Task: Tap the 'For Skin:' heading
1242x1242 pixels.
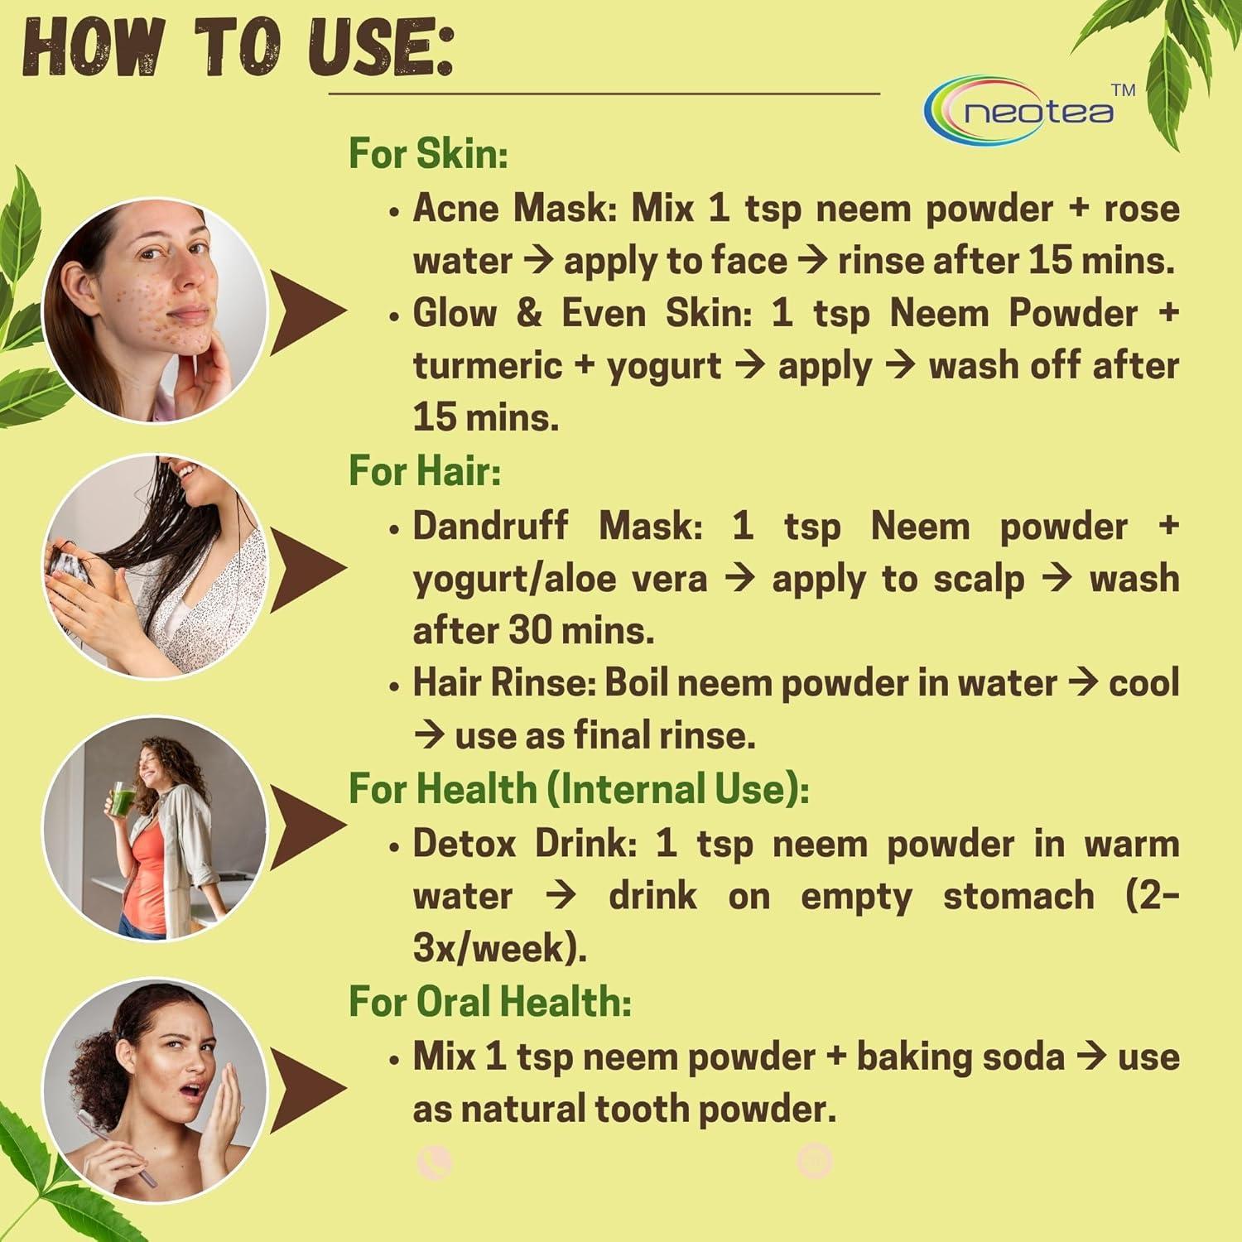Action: pos(428,154)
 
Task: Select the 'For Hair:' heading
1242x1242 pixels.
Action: pos(424,470)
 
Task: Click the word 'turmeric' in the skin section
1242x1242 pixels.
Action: pos(487,365)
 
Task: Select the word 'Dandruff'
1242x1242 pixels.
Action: pos(490,525)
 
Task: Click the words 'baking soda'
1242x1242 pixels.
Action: pos(960,1057)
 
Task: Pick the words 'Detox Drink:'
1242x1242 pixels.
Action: pos(524,843)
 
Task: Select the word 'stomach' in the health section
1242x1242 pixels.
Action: pos(1018,896)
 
